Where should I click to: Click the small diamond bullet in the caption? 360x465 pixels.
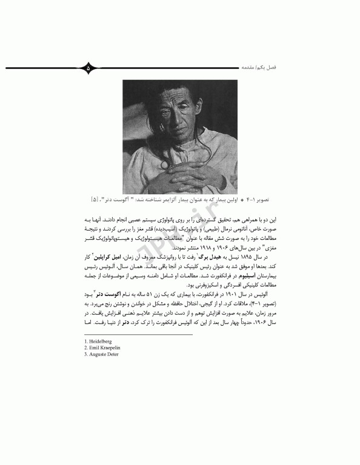242,199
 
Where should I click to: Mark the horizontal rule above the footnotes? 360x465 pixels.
138,334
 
